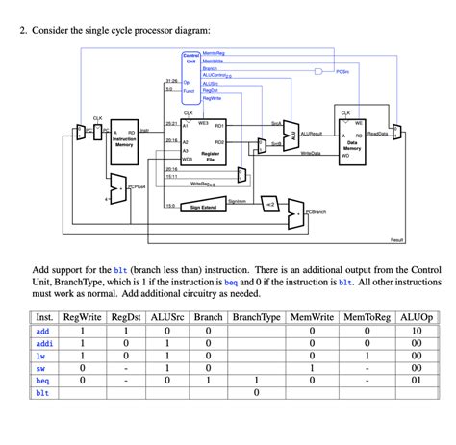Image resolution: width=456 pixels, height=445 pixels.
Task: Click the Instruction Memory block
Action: click(x=124, y=140)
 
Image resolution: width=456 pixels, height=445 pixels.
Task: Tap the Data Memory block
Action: click(x=352, y=140)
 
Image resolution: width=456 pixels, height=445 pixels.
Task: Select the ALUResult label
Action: click(x=313, y=135)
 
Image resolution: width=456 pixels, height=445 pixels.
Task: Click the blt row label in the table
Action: click(x=42, y=393)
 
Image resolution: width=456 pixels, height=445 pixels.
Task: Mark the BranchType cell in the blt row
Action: click(x=256, y=393)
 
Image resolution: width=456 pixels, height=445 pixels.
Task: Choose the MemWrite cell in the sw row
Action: click(x=313, y=367)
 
